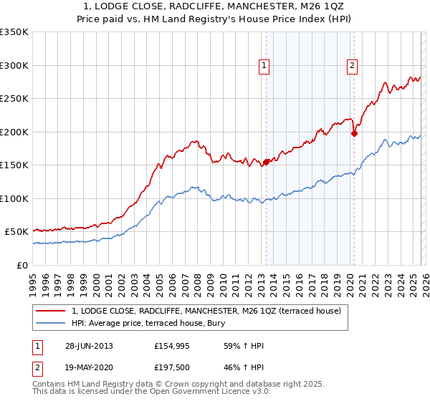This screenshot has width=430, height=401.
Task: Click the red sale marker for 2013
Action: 267,162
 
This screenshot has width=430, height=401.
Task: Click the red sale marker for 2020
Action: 354,132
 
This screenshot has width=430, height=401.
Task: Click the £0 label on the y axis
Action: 22,265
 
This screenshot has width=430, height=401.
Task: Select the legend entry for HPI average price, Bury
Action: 172,323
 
